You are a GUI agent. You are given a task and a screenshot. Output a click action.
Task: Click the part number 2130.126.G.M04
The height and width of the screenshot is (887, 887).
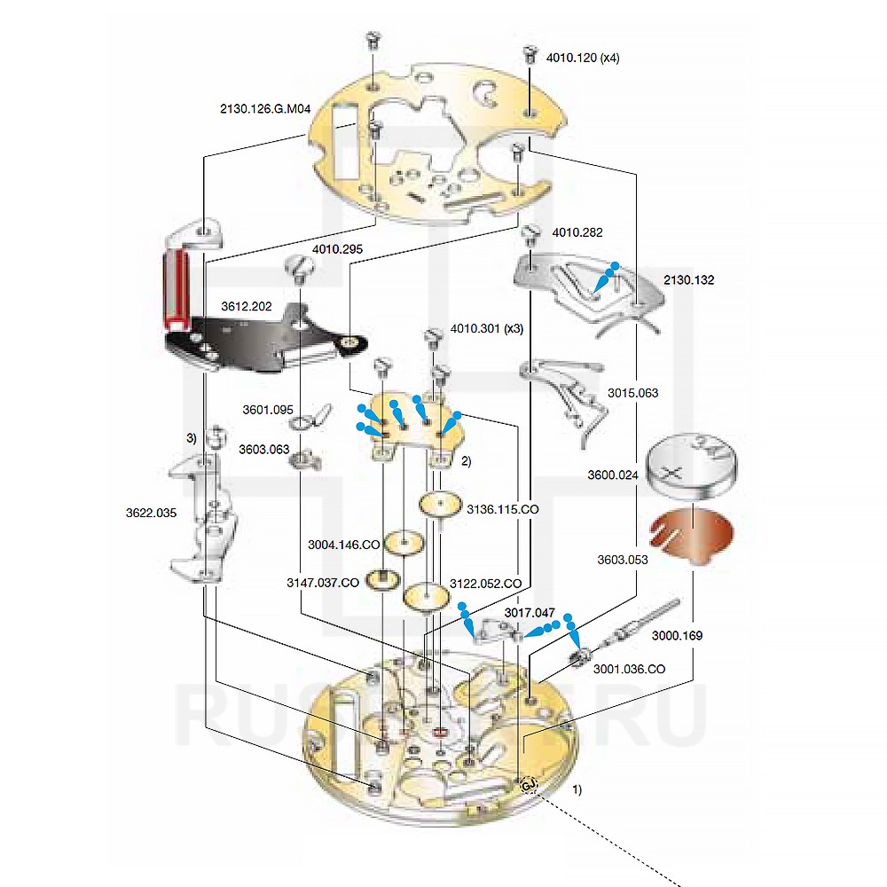pyautogui.click(x=265, y=109)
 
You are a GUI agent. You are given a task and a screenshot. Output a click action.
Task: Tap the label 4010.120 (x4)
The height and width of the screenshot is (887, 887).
pyautogui.click(x=584, y=59)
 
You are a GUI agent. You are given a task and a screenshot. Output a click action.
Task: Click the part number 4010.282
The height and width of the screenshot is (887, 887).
pyautogui.click(x=577, y=233)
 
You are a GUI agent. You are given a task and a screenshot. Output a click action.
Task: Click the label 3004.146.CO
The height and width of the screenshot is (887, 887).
pyautogui.click(x=345, y=544)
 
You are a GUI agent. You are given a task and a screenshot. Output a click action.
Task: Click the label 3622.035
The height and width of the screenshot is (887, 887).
pyautogui.click(x=151, y=512)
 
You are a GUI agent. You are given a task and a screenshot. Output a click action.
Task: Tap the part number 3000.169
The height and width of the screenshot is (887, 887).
pyautogui.click(x=677, y=635)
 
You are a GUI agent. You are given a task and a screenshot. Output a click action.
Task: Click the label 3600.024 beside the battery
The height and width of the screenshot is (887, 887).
pyautogui.click(x=612, y=475)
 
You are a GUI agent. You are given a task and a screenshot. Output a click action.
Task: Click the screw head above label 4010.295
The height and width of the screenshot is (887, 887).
pyautogui.click(x=298, y=264)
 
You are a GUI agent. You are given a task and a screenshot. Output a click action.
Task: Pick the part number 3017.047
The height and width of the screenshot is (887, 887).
pyautogui.click(x=530, y=613)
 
